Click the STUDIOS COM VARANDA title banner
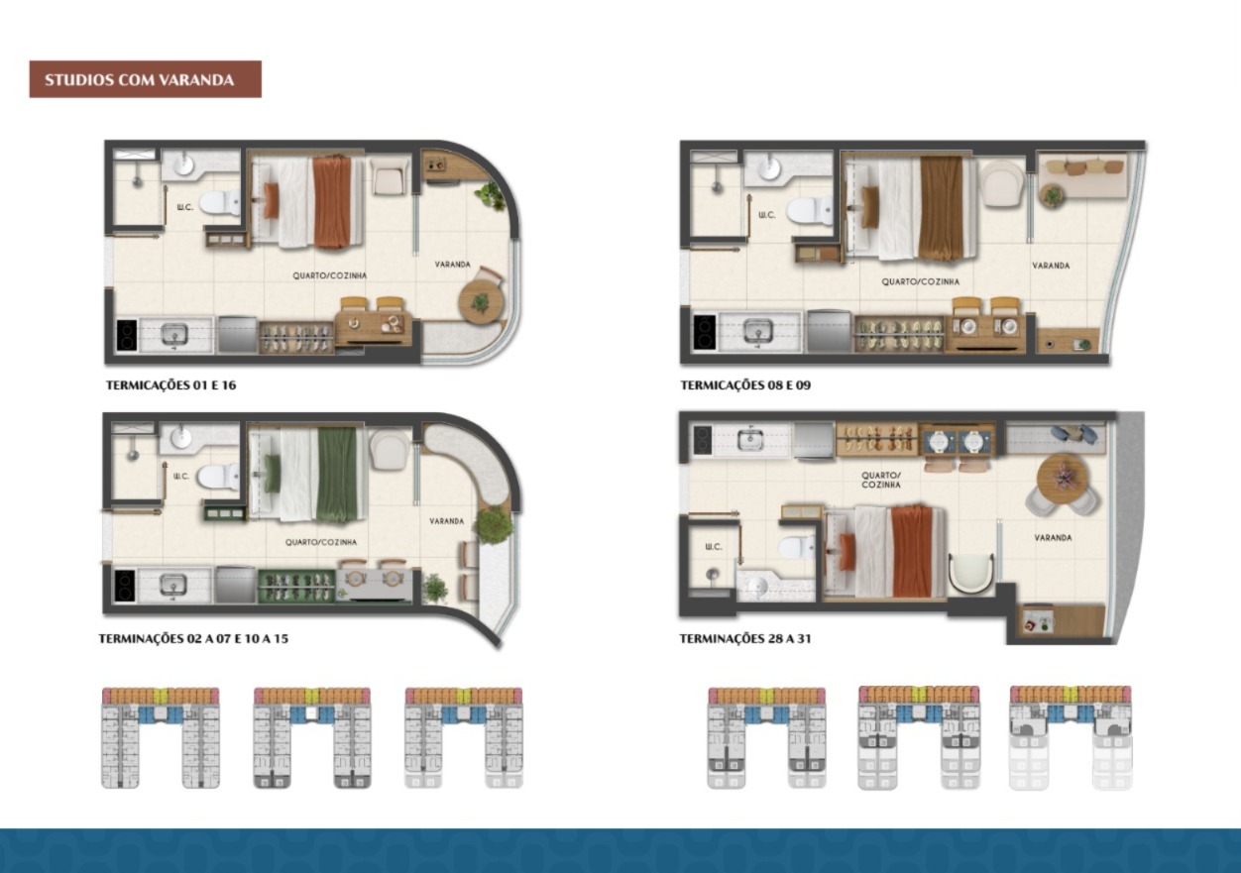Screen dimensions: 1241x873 pyautogui.click(x=145, y=79)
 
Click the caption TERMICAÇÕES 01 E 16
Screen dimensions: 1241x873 pyautogui.click(x=171, y=385)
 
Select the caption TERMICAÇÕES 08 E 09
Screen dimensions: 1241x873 pyautogui.click(x=745, y=385)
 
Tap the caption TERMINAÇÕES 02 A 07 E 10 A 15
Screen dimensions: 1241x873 pyautogui.click(x=193, y=639)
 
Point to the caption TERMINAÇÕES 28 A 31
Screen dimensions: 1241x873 pyautogui.click(x=745, y=639)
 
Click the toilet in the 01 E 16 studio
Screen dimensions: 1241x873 pyautogui.click(x=219, y=203)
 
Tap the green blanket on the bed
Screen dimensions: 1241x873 pyautogui.click(x=337, y=475)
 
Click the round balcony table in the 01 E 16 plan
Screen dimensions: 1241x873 pyautogui.click(x=481, y=302)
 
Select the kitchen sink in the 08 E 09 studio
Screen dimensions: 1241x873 pyautogui.click(x=757, y=331)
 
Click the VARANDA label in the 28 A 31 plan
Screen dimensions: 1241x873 pyautogui.click(x=1053, y=537)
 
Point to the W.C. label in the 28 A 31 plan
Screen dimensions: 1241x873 pyautogui.click(x=714, y=547)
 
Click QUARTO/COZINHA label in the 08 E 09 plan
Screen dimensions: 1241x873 pyautogui.click(x=920, y=281)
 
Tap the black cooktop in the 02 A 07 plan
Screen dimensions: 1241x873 pyautogui.click(x=125, y=586)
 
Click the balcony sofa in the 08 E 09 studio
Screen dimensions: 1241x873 pyautogui.click(x=1082, y=175)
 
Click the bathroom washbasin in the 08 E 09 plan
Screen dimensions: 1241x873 pyautogui.click(x=769, y=168)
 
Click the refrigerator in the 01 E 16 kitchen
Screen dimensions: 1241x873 pyautogui.click(x=237, y=334)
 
